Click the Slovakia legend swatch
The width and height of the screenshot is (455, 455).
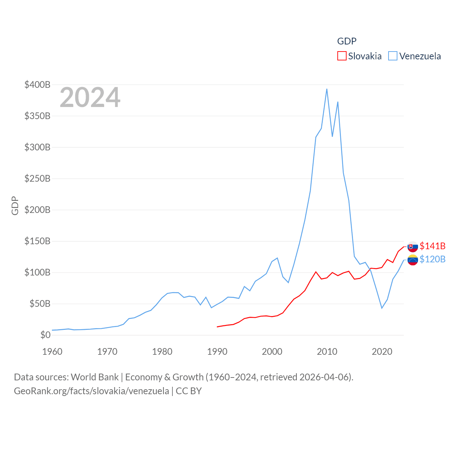[x=342, y=56]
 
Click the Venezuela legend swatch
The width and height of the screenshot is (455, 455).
[x=392, y=56]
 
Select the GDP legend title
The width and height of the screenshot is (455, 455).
[x=347, y=41]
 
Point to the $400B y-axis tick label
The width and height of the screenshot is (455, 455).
[x=37, y=85]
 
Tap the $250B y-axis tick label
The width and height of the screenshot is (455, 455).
[x=37, y=178]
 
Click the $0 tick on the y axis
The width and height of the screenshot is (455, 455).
[x=45, y=335]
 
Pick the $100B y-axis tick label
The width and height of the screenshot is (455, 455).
[x=37, y=272]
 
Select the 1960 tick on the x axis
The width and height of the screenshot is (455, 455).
[x=52, y=352]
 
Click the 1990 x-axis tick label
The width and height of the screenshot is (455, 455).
[x=217, y=352]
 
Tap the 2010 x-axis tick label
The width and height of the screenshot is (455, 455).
[x=327, y=352]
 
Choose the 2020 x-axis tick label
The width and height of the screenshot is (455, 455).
[x=382, y=352]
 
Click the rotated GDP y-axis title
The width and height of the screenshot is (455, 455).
[x=15, y=205]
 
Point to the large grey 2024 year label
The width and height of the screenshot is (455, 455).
[x=90, y=97]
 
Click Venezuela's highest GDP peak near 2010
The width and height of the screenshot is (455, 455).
[x=327, y=89]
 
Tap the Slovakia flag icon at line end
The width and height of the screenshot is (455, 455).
[x=413, y=246]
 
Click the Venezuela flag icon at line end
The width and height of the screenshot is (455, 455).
[x=413, y=260]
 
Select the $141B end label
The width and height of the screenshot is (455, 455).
[x=432, y=246]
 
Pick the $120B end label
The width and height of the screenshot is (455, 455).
[x=432, y=259]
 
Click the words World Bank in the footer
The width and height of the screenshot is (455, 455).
[x=95, y=377]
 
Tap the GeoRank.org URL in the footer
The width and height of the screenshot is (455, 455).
[x=91, y=391]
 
